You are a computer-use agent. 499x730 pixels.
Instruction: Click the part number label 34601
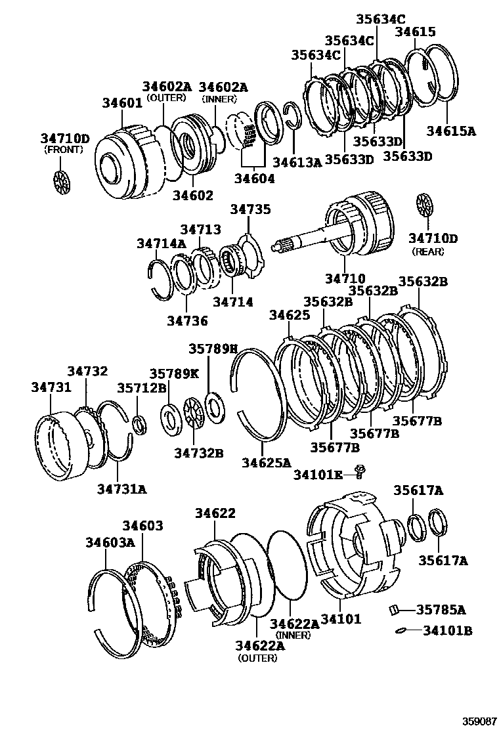122,102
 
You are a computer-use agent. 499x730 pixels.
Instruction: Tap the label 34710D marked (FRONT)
64,139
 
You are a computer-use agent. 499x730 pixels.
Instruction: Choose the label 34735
249,209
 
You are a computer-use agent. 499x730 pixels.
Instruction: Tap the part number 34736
186,321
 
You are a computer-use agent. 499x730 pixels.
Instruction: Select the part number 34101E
318,474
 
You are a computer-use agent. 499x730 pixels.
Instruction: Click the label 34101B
447,631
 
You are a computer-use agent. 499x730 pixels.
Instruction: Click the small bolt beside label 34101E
359,471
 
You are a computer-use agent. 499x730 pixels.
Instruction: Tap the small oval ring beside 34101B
400,631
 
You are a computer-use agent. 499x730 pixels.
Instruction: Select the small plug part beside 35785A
395,610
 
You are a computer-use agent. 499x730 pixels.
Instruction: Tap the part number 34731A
121,488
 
